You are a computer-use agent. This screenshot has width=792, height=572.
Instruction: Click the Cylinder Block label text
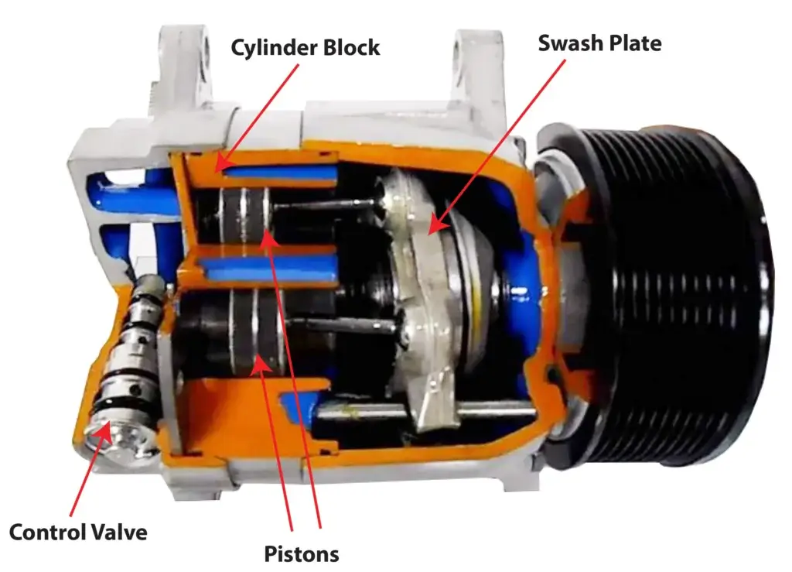[306, 47]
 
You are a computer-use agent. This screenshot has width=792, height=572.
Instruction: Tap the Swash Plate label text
[599, 43]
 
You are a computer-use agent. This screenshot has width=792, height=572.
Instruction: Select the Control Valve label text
[77, 533]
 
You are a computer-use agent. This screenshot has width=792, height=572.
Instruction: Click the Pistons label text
[302, 554]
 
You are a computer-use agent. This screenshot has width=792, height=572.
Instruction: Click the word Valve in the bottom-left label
[120, 533]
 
